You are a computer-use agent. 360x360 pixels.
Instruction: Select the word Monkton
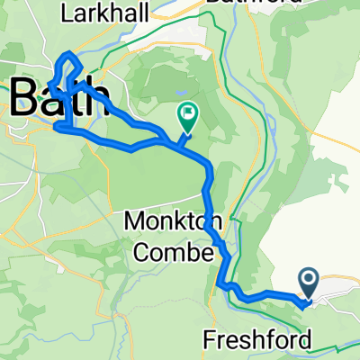[x=170, y=221]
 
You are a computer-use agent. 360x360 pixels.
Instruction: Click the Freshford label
[x=259, y=340]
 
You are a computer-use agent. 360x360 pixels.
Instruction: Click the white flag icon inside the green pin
[x=189, y=113]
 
